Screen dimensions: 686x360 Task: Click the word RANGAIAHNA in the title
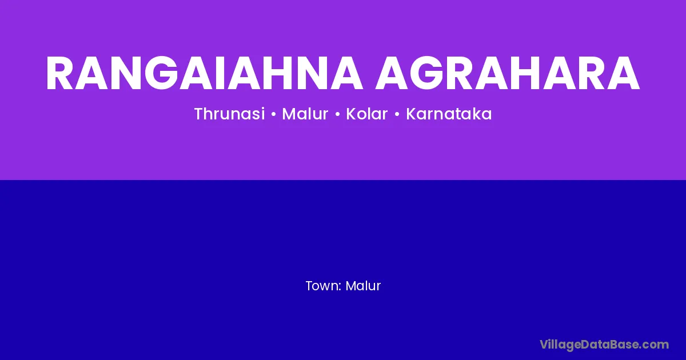(204, 73)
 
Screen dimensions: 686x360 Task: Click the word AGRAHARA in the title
(508, 73)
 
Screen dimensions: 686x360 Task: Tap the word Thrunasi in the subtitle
(229, 114)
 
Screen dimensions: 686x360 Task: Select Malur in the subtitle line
(305, 114)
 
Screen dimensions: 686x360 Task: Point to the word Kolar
(367, 114)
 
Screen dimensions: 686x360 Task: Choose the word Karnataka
(449, 114)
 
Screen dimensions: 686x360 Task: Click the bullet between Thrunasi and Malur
(273, 114)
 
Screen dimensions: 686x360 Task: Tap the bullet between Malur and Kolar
(337, 114)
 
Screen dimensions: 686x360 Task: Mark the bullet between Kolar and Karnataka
(397, 114)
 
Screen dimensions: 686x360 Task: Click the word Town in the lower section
(322, 286)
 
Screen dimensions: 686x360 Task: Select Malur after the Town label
(363, 286)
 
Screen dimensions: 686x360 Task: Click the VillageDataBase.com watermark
(604, 345)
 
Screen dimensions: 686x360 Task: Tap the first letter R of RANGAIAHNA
(59, 73)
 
